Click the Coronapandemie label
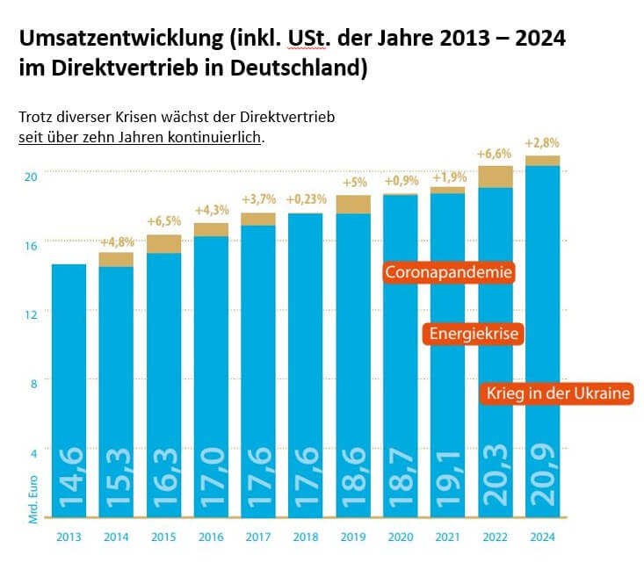click(448, 272)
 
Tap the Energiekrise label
click(474, 335)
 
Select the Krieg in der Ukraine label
click(558, 393)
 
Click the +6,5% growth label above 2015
click(163, 221)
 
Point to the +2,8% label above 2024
click(542, 142)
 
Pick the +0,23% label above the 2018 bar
click(305, 198)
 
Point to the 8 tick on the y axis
click(33, 382)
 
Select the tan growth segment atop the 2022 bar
click(496, 177)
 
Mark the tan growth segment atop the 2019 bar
click(353, 204)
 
